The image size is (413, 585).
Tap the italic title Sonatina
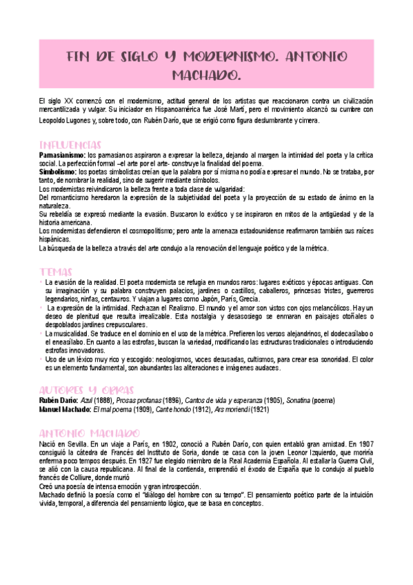click(x=328, y=401)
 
